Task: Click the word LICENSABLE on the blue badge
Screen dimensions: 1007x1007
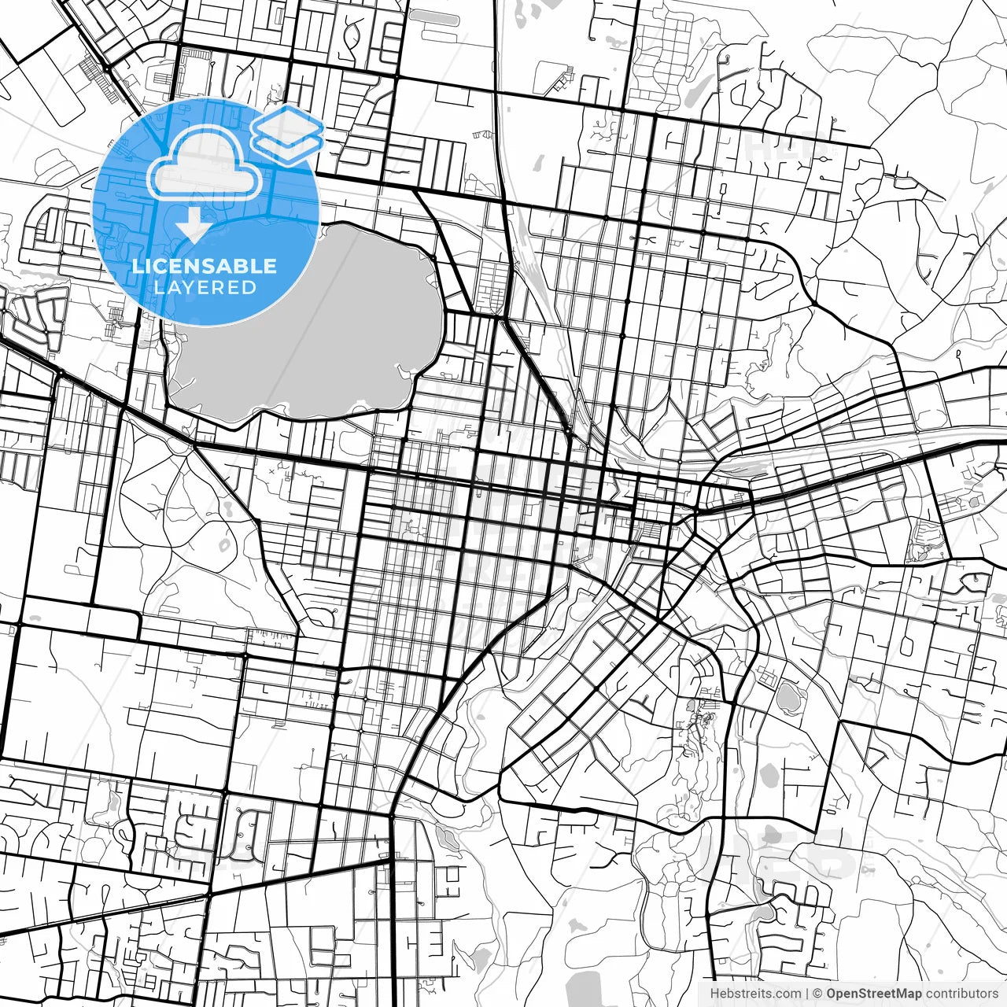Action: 204,265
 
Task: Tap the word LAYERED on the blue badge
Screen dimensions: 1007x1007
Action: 205,287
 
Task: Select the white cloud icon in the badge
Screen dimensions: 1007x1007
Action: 205,161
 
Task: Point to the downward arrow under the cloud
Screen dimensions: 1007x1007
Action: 194,227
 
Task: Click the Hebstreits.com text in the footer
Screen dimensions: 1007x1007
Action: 756,994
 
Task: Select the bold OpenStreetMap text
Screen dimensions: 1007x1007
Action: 874,994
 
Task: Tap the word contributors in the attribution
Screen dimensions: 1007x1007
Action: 961,994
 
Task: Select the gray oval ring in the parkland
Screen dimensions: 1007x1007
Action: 224,544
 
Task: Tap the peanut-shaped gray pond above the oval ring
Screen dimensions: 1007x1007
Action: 227,510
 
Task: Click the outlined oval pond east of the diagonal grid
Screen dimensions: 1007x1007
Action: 785,696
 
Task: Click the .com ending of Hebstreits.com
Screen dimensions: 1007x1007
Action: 788,994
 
